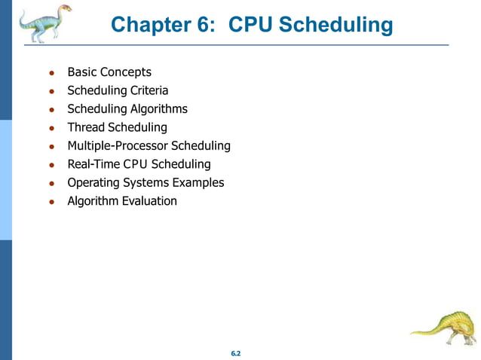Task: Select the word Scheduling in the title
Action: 336,25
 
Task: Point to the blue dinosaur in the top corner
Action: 44,22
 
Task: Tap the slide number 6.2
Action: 235,353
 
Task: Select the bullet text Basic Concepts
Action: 109,72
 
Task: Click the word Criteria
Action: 147,90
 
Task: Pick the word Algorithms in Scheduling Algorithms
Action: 159,108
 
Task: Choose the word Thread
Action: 86,127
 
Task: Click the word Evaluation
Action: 149,200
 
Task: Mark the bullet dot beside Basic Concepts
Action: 51,74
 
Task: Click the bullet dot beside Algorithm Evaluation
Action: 51,202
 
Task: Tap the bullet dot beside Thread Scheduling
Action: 51,129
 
